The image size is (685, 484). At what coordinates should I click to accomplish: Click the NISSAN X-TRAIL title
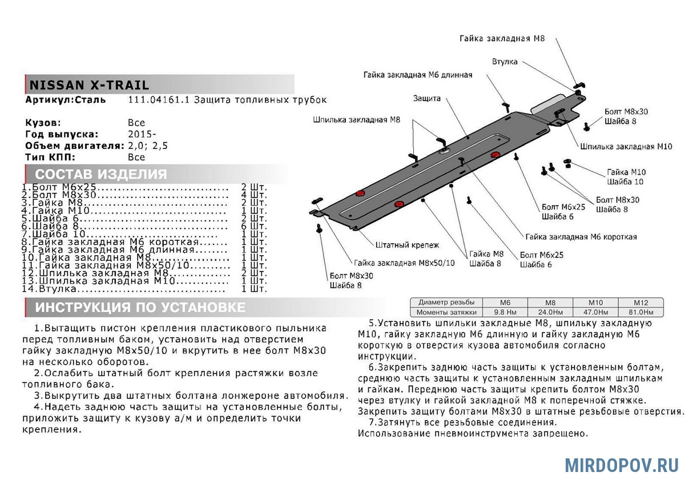coord(89,86)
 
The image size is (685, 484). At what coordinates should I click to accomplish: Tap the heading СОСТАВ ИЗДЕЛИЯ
coord(101,175)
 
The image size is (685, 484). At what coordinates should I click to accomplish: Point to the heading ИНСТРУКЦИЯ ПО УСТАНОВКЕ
coord(140,308)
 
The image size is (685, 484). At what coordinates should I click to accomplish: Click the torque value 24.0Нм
coord(550,312)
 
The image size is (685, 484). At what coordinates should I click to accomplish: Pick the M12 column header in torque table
coord(641,302)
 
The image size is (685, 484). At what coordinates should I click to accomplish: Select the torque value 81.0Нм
coord(641,312)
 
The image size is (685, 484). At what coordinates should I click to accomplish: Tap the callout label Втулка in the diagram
coord(505,61)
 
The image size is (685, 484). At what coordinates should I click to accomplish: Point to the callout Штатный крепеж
coord(407,245)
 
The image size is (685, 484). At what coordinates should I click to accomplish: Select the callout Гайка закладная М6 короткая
coord(581,236)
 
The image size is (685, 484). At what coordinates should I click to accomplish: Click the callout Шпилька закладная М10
coord(626,147)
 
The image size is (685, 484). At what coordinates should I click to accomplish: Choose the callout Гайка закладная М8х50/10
coord(404,263)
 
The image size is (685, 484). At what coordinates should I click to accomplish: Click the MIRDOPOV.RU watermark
coord(621,465)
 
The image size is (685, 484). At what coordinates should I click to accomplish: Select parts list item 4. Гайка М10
coord(57,211)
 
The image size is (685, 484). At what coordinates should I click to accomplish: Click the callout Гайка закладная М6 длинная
coord(417,75)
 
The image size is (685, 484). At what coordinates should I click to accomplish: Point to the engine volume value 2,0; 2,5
coord(148,146)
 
